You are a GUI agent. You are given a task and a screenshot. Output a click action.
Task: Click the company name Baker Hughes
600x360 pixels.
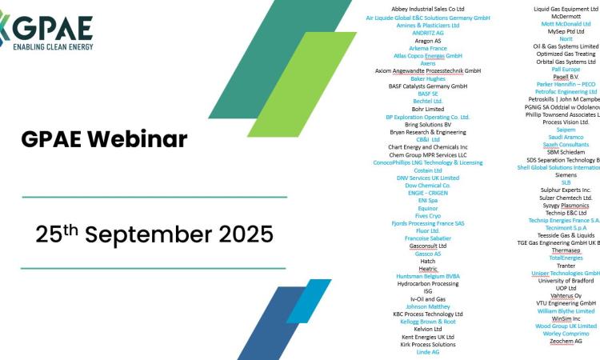[x=427, y=78]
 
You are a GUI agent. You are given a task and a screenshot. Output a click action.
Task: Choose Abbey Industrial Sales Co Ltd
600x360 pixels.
[x=427, y=9]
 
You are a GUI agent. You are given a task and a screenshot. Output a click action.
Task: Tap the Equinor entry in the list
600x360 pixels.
[x=427, y=207]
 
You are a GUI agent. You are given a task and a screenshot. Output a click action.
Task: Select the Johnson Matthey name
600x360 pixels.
[x=427, y=306]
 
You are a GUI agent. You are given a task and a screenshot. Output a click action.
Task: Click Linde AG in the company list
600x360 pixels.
[x=427, y=351]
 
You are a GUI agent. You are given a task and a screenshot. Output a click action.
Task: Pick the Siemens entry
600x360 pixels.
[x=566, y=174]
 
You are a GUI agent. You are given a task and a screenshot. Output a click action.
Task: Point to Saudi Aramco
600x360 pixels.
[x=566, y=137]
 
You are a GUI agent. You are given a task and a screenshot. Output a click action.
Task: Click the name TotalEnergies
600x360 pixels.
[x=566, y=258]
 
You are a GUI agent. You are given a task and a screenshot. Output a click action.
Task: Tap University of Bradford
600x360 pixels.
[x=566, y=281]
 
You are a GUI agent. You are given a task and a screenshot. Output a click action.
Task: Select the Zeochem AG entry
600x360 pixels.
[x=566, y=341]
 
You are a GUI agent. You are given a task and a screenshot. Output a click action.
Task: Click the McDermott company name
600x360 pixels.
[x=566, y=16]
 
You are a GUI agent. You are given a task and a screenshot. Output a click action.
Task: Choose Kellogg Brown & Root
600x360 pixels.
[x=427, y=321]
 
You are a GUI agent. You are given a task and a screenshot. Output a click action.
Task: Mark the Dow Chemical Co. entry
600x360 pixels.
[x=427, y=185]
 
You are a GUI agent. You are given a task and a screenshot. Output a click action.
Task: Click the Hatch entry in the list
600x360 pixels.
[x=427, y=261]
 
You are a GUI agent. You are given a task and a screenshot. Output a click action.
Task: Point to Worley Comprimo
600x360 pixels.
[x=566, y=333]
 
